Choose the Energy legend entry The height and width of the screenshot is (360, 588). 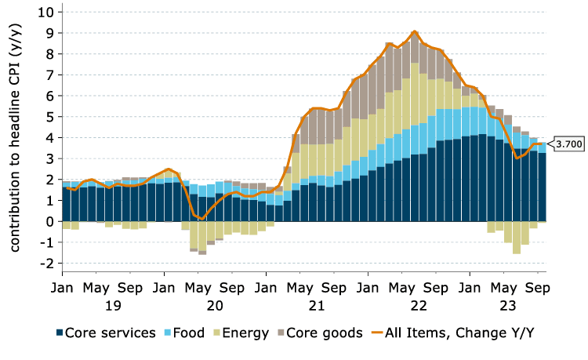click(245, 333)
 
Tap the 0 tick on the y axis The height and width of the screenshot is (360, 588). click(49, 221)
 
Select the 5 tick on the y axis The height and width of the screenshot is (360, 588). click(49, 117)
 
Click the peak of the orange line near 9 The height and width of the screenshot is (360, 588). click(415, 31)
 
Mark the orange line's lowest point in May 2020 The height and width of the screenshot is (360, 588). click(201, 219)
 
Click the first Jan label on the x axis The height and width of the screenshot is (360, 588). click(63, 287)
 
